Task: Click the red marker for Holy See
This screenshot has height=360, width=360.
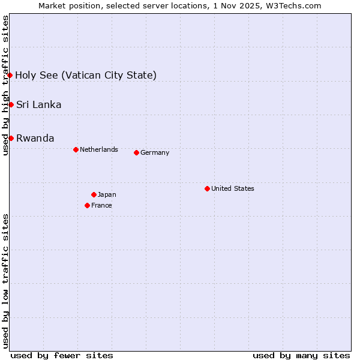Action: click(10, 75)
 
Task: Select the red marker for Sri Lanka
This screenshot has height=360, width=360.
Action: click(11, 105)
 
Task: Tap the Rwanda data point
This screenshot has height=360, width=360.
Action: click(11, 138)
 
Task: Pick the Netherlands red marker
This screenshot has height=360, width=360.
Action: click(76, 149)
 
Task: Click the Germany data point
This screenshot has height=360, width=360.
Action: click(136, 152)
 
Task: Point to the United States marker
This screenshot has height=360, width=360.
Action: click(207, 188)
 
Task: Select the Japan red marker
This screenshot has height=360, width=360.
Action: click(94, 194)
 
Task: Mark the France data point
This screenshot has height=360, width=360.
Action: click(87, 205)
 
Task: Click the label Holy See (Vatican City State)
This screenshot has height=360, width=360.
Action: click(86, 75)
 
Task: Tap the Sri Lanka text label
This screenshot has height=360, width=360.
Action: click(38, 105)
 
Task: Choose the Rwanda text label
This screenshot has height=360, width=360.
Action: click(35, 138)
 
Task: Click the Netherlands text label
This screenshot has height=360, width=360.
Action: click(98, 149)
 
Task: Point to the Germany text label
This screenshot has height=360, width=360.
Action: click(155, 152)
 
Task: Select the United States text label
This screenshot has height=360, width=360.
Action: click(232, 188)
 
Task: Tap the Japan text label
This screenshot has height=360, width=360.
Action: click(107, 194)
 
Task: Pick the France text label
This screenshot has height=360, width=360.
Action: click(101, 205)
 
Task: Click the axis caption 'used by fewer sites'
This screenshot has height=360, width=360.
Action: click(62, 355)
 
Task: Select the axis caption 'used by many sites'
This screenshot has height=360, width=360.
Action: click(301, 355)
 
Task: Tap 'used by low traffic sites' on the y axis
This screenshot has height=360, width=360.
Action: click(6, 281)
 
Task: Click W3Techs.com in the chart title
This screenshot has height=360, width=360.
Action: click(292, 5)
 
